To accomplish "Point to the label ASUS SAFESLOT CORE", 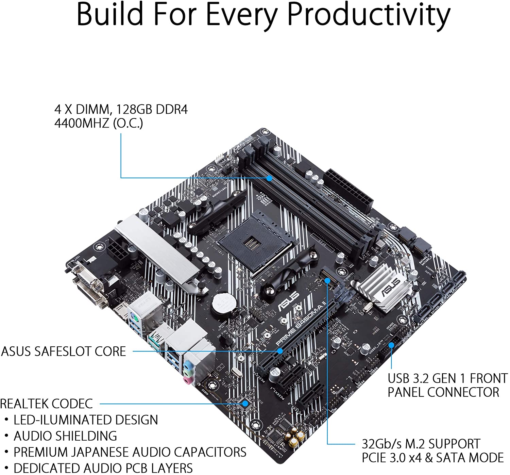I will pos(64,351).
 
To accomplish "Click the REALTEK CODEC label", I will pos(46,404).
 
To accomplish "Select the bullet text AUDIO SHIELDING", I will pos(65,436).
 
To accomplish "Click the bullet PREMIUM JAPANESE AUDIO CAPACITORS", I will pos(130,452).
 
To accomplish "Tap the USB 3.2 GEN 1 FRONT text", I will pos(447,378).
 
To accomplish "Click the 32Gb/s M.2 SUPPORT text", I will pos(421,444).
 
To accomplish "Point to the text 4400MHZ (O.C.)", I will pos(99,123).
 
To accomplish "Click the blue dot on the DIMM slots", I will pos(269,178).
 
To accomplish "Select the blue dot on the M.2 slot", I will pos(327,280).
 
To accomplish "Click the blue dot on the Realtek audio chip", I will pos(245,404).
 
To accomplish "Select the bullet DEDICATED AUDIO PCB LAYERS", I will pos(103,468).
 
